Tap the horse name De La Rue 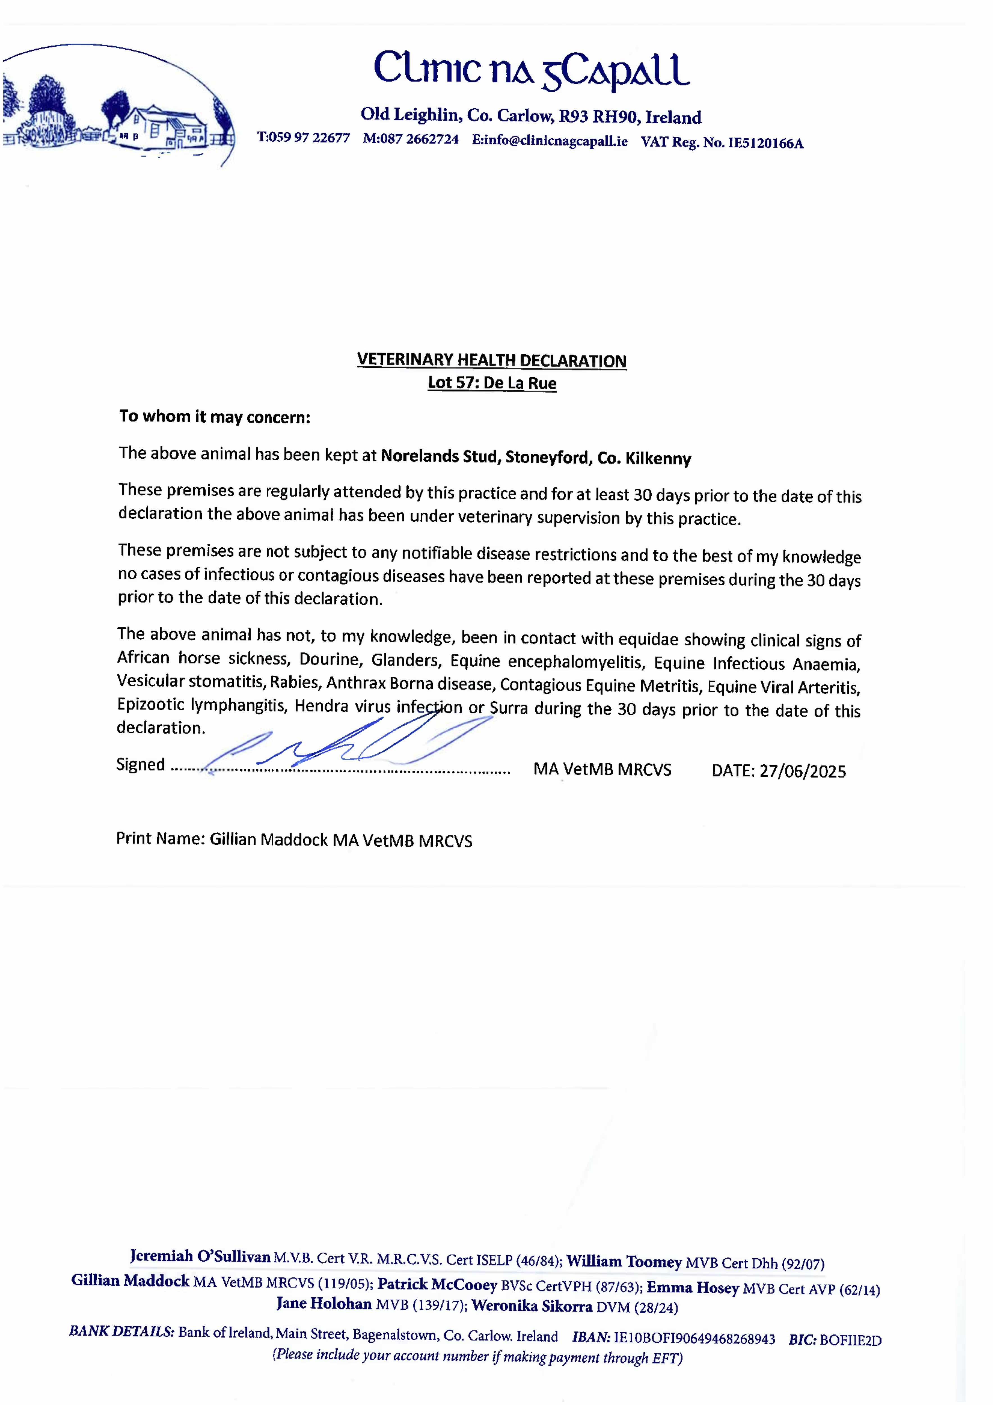tap(519, 384)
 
